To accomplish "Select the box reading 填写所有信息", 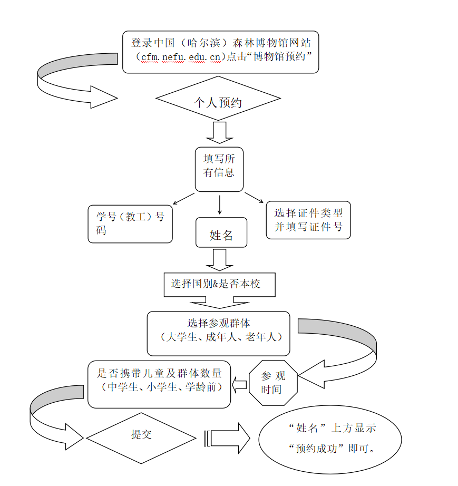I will click(219, 169).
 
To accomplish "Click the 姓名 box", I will click(221, 233).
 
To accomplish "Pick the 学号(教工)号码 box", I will click(130, 224).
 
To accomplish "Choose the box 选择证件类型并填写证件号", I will click(308, 220).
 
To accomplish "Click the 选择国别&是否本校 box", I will click(219, 284).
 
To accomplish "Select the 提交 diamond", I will click(141, 437).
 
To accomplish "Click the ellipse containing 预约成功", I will click(330, 439).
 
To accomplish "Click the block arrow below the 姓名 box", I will click(219, 259).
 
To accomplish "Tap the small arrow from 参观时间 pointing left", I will click(240, 385).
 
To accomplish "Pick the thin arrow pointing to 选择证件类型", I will click(254, 198).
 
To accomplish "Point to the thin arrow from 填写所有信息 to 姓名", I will click(219, 203).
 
